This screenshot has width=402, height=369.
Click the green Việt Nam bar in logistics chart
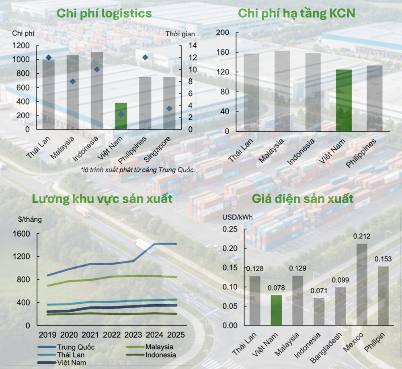121,116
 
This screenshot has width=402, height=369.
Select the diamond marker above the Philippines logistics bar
145,58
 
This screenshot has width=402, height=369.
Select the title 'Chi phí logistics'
104,13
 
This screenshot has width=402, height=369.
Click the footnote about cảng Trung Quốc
138,170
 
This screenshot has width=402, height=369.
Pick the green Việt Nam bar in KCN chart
344,100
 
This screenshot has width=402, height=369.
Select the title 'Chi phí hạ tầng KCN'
297,13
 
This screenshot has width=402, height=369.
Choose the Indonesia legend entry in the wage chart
160,355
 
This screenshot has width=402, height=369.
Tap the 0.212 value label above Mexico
362,236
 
